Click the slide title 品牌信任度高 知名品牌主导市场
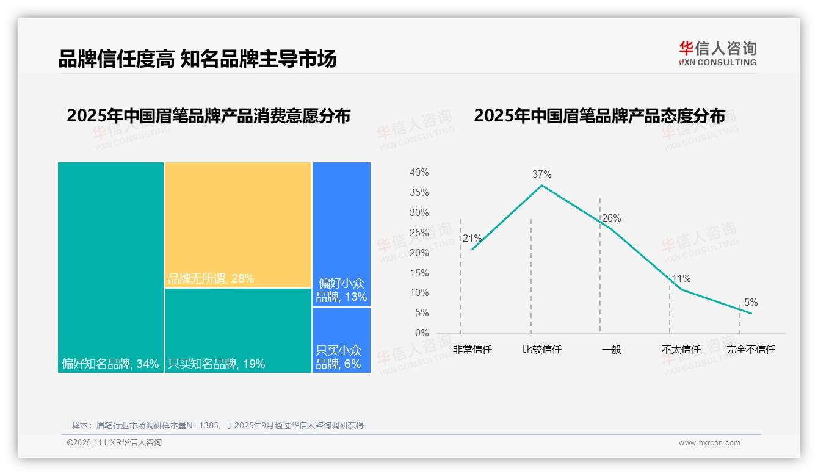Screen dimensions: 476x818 click(197, 59)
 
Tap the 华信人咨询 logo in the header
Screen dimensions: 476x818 click(717, 53)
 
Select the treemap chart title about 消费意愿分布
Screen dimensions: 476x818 click(209, 116)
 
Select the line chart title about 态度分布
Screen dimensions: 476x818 click(599, 116)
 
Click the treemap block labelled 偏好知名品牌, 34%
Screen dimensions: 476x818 click(110, 267)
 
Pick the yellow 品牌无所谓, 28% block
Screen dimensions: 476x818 click(238, 225)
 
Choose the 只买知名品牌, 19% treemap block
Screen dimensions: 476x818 click(238, 330)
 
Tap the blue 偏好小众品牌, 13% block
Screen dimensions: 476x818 click(341, 234)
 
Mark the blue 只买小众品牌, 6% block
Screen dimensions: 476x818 click(341, 340)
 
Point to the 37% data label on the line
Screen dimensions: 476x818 click(541, 175)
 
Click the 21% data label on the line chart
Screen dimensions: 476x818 click(472, 239)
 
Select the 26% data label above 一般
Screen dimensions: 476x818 click(611, 218)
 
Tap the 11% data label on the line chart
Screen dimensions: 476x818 click(681, 279)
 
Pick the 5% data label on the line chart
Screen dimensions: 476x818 click(750, 303)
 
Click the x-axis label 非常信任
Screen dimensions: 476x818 click(472, 350)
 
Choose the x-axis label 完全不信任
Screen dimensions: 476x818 click(750, 350)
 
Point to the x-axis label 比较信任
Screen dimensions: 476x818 click(541, 350)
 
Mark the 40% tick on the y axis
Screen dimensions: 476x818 click(419, 173)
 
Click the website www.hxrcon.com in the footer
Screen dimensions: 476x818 click(709, 443)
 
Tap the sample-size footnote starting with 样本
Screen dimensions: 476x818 click(218, 425)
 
